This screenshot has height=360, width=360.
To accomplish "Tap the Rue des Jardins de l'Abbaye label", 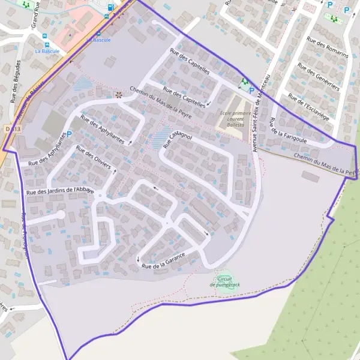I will (59, 190).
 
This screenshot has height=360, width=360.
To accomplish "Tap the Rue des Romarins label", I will (327, 47).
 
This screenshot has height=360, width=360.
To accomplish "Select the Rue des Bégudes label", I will (16, 82).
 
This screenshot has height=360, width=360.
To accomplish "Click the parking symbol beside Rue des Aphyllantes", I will (68, 134).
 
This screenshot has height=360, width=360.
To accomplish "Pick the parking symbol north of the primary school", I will (251, 91).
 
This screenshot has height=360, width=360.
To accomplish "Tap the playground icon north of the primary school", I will (244, 82).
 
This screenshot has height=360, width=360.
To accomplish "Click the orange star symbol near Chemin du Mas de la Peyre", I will (119, 94).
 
